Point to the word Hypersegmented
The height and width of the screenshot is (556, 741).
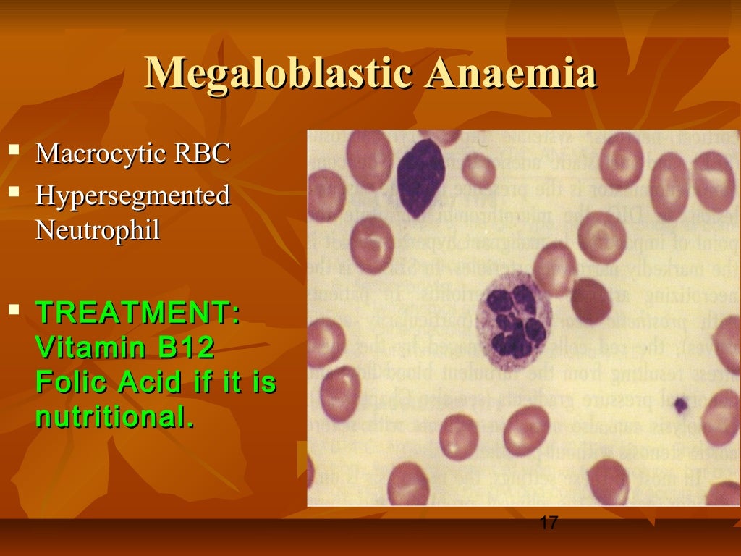coord(132,195)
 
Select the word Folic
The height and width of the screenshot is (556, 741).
coord(69,382)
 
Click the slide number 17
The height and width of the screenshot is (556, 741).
coord(549,522)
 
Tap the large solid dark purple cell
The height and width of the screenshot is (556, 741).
coord(420,178)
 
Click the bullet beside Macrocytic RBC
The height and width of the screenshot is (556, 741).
coord(13,151)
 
